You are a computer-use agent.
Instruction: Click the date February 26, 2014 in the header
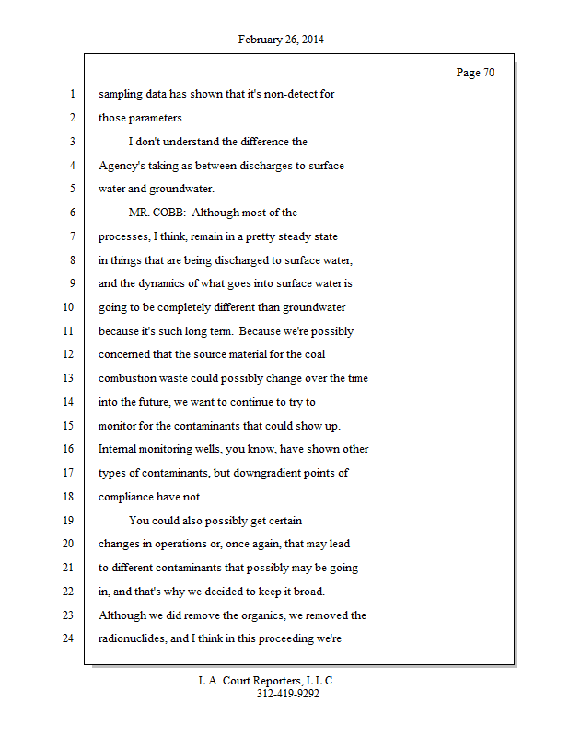tap(281, 40)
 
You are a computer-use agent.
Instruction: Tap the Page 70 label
tap(475, 73)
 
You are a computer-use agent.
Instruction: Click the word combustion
tap(128, 378)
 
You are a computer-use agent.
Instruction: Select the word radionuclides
tap(134, 638)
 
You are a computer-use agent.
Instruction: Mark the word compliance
tap(127, 496)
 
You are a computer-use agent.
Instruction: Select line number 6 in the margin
tap(71, 213)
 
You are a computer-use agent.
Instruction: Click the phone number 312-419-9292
tap(287, 695)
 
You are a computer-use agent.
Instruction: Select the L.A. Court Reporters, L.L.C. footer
tap(267, 682)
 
